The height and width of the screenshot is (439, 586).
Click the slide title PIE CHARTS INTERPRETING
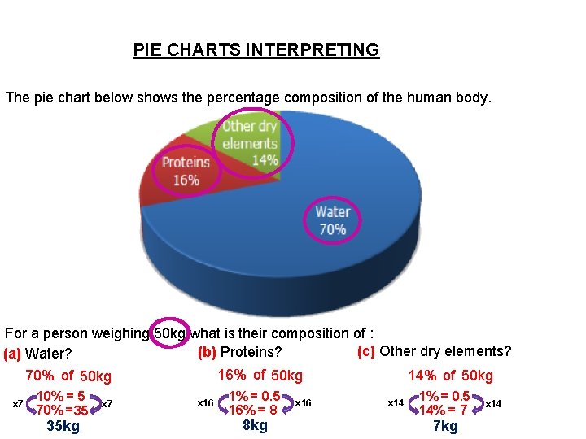coord(256,50)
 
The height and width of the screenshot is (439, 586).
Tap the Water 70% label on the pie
coord(332,220)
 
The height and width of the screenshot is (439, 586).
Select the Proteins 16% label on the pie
coord(186,171)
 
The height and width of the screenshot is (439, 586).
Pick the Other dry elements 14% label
coord(250,143)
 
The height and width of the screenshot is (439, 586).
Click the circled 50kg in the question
coord(171,333)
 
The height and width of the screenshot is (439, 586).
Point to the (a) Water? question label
coord(38,354)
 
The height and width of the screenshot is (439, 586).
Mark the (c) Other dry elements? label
coord(434,351)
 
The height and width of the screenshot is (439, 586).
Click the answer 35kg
coord(63,426)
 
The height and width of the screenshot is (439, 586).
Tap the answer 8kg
coord(255,425)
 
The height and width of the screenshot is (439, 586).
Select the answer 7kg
coord(445,426)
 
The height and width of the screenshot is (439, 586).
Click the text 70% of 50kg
coord(68,376)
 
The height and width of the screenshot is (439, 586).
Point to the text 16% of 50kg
coord(260,375)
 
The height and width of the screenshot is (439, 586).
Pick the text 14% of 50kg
coord(451,376)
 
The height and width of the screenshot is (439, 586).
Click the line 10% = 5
coord(62,397)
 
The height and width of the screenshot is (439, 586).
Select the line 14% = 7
coord(443,411)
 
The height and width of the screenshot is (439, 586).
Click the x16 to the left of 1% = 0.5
coord(206,403)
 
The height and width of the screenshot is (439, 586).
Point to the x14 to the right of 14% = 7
coord(493,403)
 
